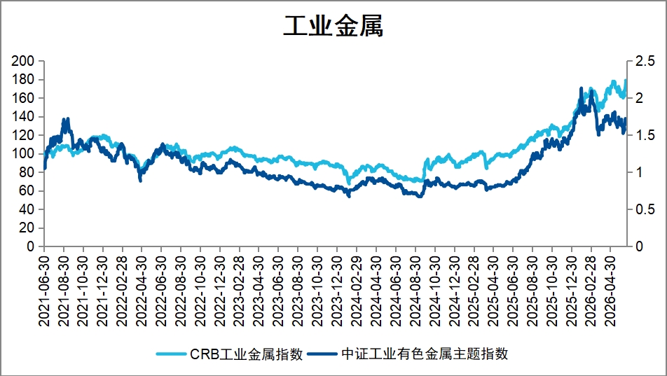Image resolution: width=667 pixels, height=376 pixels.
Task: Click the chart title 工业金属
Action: pos(333,26)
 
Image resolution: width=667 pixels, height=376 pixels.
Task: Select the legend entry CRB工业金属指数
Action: pos(247,354)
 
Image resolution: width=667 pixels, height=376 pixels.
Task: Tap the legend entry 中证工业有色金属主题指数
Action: pos(425,354)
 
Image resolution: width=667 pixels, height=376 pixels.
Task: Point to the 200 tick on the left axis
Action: pos(22,61)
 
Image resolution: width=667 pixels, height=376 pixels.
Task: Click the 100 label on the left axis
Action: pos(22,153)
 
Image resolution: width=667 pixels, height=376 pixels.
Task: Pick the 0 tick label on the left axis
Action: pos(30,246)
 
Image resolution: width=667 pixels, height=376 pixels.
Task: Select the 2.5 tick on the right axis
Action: pos(645,61)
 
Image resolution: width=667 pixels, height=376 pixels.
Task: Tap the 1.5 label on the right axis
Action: pos(645,135)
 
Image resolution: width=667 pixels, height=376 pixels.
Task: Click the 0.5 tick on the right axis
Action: pos(645,209)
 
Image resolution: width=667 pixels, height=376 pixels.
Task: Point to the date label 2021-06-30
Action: pos(44,291)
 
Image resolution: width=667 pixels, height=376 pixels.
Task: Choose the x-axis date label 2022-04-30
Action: pos(142,291)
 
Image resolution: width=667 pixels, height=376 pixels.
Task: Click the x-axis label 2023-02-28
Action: pos(240,291)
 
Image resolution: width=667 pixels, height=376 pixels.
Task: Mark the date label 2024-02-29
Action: pos(357,291)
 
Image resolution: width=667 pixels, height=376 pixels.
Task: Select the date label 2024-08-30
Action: pos(415,291)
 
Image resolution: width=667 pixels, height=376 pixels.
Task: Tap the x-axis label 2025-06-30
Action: pos(513,291)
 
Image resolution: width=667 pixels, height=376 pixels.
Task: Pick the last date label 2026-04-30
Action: pos(610,291)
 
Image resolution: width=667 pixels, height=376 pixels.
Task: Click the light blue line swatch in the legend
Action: pos(172,354)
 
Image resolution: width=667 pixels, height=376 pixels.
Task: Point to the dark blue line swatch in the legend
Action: pos(323,354)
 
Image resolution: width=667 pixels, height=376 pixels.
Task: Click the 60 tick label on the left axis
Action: pos(27,190)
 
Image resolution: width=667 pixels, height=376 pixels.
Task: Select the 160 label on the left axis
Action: pos(22,98)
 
